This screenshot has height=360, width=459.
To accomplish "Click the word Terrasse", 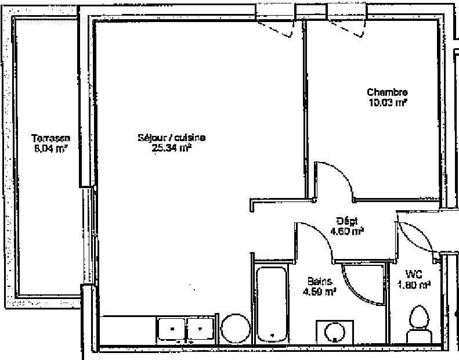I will click(51, 138).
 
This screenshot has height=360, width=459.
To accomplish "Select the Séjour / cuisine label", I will click(171, 138).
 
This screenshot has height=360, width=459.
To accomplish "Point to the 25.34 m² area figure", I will click(171, 147).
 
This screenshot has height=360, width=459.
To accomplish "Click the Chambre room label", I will click(387, 92).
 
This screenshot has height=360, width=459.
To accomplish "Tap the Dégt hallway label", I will click(347, 221).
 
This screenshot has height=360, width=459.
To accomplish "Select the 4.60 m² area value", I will click(347, 231).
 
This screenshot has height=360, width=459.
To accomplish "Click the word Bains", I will click(320, 282).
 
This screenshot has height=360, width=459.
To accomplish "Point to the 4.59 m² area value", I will click(320, 291).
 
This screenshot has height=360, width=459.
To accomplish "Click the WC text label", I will click(413, 274).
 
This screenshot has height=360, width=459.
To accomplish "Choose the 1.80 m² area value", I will click(413, 285).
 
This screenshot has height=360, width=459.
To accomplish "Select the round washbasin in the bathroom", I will click(334, 333).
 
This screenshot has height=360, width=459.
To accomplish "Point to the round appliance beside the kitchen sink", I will click(234, 329).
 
